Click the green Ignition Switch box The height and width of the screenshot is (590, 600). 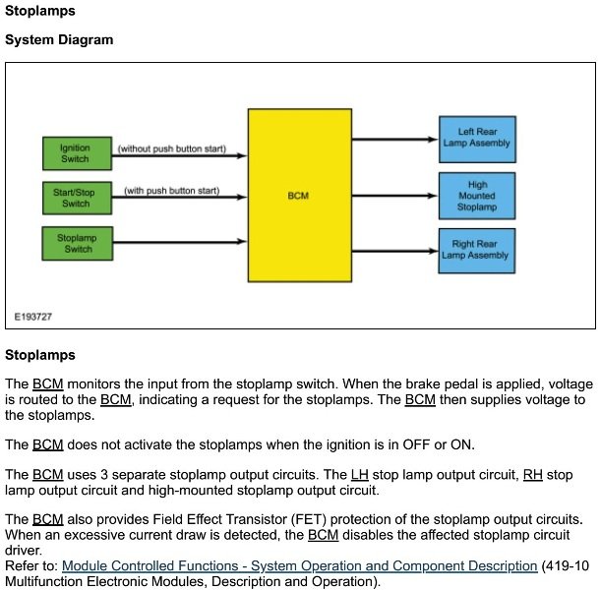click(76, 152)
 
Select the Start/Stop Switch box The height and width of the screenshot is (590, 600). click(76, 198)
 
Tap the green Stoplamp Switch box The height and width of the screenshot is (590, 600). click(76, 243)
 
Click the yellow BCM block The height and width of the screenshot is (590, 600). click(298, 195)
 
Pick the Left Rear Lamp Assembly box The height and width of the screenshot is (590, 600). click(477, 137)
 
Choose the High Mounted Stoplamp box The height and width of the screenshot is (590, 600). click(477, 195)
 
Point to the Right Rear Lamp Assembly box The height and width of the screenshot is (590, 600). click(477, 250)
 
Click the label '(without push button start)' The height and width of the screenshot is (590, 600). click(172, 148)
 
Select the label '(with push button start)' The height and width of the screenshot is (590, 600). click(172, 190)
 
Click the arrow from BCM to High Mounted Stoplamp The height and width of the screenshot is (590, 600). click(393, 195)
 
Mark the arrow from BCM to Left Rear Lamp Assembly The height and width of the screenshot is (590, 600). click(393, 139)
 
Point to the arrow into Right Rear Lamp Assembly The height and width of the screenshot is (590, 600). click(393, 250)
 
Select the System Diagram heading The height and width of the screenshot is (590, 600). click(59, 40)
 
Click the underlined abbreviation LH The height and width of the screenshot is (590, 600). click(360, 475)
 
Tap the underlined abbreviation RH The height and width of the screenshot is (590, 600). click(533, 475)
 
